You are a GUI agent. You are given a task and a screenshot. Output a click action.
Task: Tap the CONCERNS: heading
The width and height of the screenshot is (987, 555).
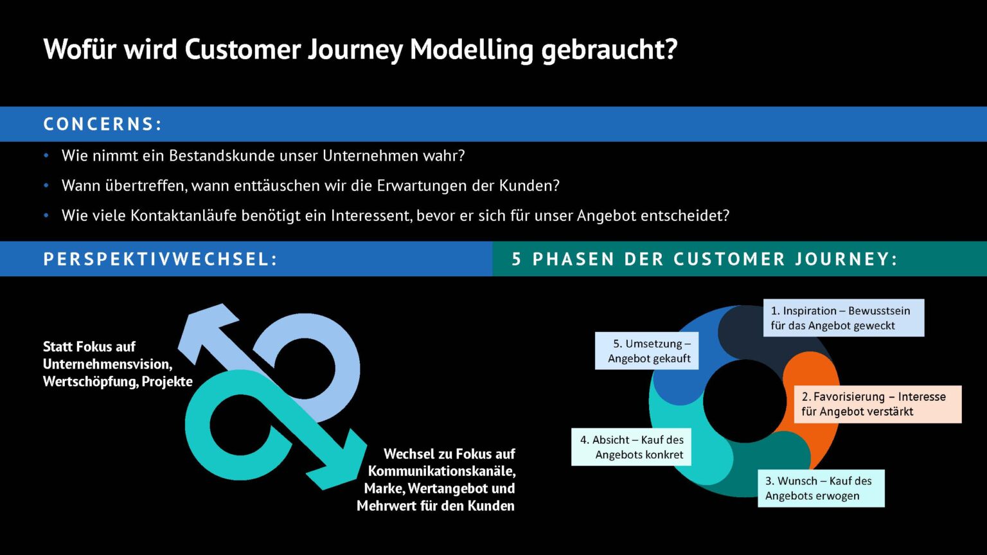click(103, 124)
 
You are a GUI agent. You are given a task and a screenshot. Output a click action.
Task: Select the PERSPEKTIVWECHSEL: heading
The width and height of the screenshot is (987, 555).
click(161, 259)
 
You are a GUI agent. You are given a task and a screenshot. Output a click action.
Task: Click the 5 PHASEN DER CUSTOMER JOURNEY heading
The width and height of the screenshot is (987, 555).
click(704, 259)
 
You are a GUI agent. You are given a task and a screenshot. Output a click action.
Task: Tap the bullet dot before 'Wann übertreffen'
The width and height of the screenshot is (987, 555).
click(46, 186)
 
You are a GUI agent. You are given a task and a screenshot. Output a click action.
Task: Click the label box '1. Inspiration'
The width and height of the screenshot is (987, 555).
click(844, 318)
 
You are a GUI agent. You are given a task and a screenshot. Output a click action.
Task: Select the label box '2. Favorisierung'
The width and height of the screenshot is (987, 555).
click(878, 404)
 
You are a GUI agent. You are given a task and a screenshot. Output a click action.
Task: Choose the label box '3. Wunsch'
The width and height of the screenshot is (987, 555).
click(821, 488)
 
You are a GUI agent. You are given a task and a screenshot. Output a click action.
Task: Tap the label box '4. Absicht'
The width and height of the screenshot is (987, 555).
click(631, 446)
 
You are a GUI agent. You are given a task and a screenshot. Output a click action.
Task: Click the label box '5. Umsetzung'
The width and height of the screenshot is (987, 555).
click(646, 351)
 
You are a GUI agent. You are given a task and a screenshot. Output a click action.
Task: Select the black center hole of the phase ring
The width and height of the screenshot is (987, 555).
click(745, 401)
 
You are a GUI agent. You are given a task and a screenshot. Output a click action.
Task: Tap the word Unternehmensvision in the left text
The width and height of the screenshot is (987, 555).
click(107, 364)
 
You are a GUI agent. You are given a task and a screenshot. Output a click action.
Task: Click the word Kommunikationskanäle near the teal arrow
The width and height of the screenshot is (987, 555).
click(441, 471)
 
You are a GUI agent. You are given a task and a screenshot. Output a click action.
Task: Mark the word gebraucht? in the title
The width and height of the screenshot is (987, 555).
click(609, 49)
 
